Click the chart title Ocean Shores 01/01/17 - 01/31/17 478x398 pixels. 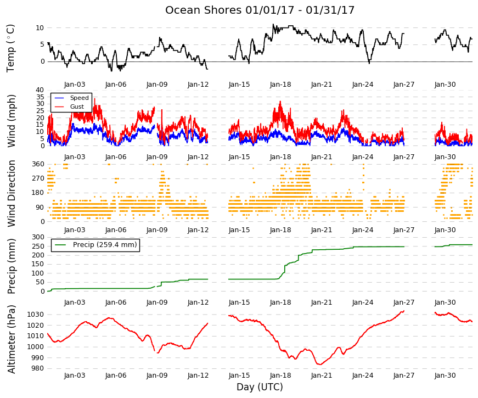(x=260, y=10)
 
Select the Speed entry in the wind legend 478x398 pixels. (x=79, y=98)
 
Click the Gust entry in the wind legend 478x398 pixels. (x=77, y=106)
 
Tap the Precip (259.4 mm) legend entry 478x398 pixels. (x=105, y=245)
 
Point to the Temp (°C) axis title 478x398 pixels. (x=10, y=48)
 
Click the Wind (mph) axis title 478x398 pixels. (x=11, y=121)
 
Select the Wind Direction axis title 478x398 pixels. (x=11, y=194)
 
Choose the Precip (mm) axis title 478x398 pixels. (x=11, y=266)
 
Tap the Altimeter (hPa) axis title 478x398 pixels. (x=11, y=339)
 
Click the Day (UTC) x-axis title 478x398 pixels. (x=260, y=387)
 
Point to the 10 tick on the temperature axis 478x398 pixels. (x=40, y=28)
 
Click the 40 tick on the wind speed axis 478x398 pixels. (x=40, y=89)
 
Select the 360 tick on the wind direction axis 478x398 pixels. (x=38, y=164)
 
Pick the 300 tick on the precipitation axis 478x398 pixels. (x=38, y=237)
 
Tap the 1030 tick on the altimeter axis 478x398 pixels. (x=36, y=315)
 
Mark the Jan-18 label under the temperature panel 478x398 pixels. (x=280, y=85)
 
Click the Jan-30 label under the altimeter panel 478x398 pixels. (x=445, y=375)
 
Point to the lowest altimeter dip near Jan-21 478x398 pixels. (x=319, y=364)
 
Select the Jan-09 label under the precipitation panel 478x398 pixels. (x=157, y=302)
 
